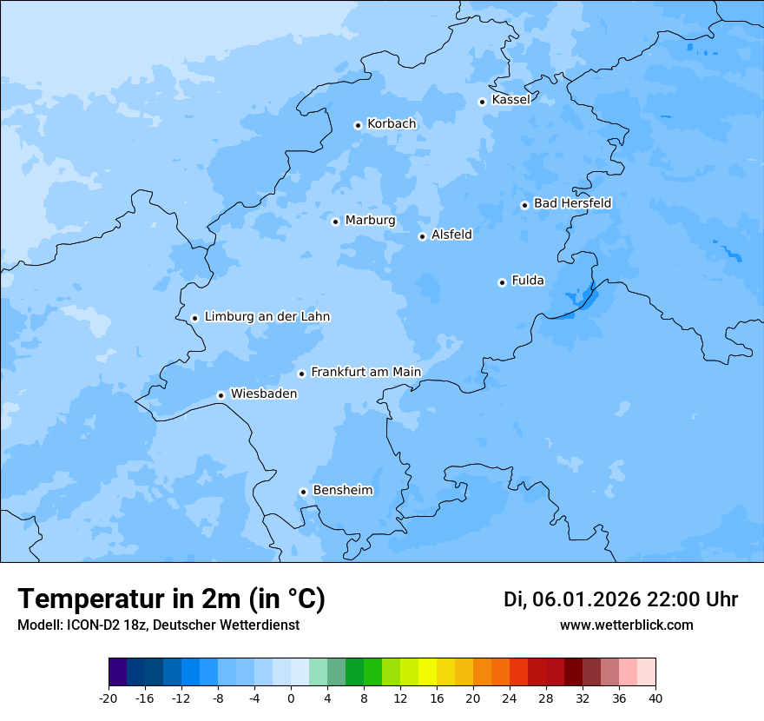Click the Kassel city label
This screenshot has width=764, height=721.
click(510, 100)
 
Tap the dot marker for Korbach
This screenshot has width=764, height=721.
click(358, 125)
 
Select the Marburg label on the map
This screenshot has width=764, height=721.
click(370, 221)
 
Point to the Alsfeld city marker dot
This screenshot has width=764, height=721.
click(423, 236)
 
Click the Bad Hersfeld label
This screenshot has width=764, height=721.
click(572, 203)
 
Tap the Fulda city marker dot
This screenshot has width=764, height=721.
click(503, 282)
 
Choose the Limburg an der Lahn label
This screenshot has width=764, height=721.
click(267, 317)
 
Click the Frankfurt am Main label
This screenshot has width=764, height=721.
click(366, 373)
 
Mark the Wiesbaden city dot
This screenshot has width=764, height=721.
click(221, 396)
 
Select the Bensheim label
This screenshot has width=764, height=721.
click(342, 491)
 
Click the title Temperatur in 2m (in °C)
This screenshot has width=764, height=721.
click(171, 599)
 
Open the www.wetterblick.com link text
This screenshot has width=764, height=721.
click(626, 625)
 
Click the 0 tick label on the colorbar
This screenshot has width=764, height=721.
click(291, 698)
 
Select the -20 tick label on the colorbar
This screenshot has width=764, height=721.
click(109, 698)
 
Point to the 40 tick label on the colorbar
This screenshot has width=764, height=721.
click(655, 698)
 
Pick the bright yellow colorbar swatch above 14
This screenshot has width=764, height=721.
click(427, 672)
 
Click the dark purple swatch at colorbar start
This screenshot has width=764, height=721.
click(117, 672)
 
